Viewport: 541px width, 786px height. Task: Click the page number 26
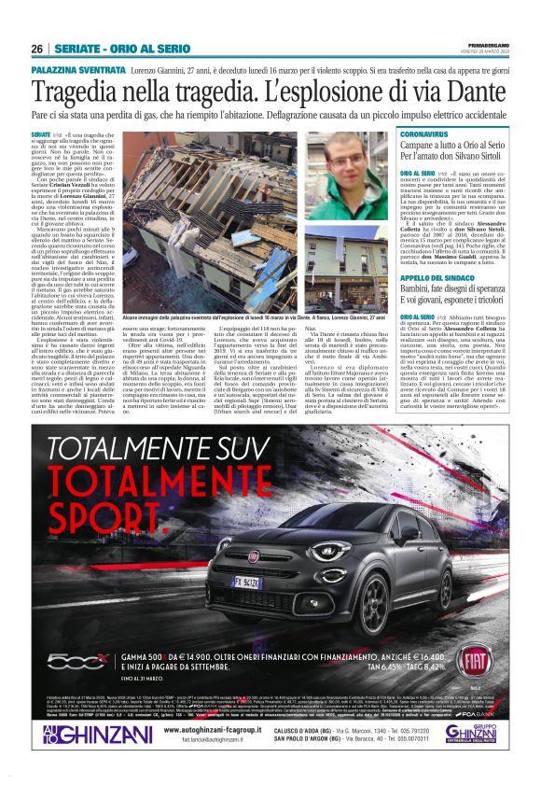tap(37, 49)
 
